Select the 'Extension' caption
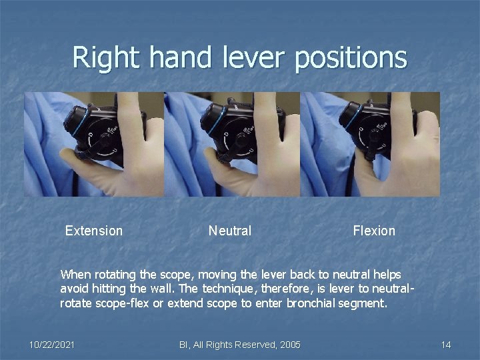click(x=94, y=231)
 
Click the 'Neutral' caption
click(x=230, y=231)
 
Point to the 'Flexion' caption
click(x=374, y=231)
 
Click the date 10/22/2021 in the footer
click(x=52, y=345)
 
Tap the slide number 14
click(x=446, y=345)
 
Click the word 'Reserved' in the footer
click(x=250, y=345)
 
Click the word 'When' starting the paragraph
click(x=74, y=274)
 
